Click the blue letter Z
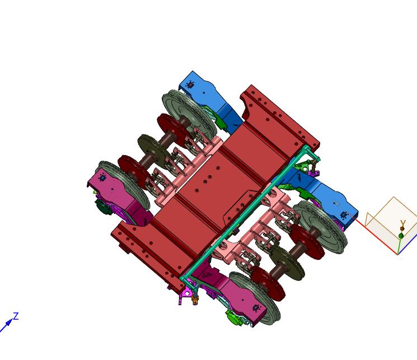tap(16, 316)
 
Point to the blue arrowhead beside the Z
tap(9, 322)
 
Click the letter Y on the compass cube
tap(403, 223)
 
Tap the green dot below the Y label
tap(401, 236)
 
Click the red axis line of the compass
tap(376, 236)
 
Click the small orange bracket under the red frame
tap(195, 301)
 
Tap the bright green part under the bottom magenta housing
tap(234, 317)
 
